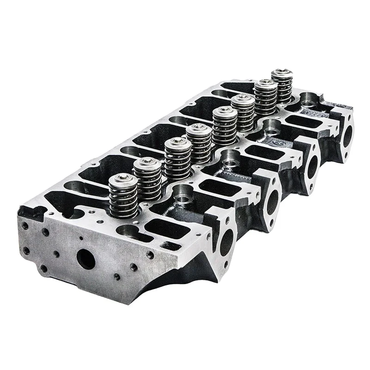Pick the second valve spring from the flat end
click(x=148, y=178)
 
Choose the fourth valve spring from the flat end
click(x=199, y=143)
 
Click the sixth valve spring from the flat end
click(x=243, y=111)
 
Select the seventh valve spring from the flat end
click(x=266, y=98)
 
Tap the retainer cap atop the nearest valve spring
click(x=121, y=178)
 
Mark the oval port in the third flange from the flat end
click(x=313, y=166)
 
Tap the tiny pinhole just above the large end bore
click(x=82, y=239)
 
